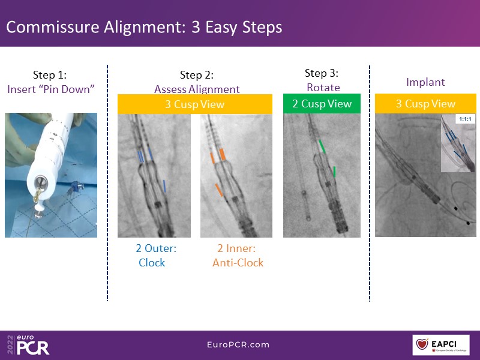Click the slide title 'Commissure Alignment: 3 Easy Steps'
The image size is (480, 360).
(x=144, y=27)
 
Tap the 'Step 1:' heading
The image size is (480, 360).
(x=50, y=75)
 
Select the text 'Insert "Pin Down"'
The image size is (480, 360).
(x=51, y=89)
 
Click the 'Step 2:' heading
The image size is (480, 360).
(x=197, y=75)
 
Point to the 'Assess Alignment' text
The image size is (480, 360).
(x=197, y=89)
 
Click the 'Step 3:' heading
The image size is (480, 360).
(x=322, y=73)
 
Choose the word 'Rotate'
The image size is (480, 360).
(x=323, y=88)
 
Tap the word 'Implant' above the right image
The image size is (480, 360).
(x=425, y=82)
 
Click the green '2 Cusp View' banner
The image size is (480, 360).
(x=322, y=103)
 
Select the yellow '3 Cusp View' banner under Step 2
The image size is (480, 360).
(x=194, y=104)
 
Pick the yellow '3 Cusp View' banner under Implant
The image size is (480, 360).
(x=425, y=103)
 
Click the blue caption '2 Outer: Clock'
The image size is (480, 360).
(x=156, y=256)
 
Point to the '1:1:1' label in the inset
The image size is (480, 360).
(x=465, y=119)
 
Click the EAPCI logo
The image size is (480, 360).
(x=441, y=345)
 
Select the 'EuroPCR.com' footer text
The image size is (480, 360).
(x=238, y=344)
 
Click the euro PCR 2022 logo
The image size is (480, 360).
(x=28, y=344)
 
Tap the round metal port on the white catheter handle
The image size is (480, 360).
(x=41, y=182)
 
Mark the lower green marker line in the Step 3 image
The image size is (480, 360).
(x=334, y=172)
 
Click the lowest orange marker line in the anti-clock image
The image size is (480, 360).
(x=219, y=190)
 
